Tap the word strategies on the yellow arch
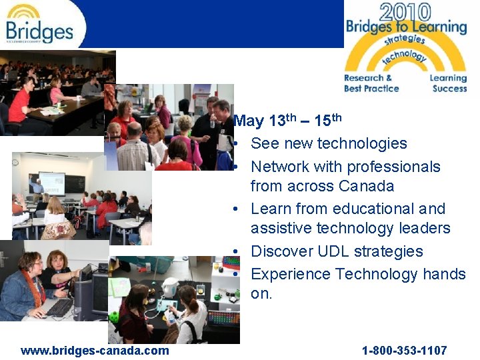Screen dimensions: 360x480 pos(405,39)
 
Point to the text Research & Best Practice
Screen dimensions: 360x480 pos(371,83)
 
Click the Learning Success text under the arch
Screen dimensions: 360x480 pos(448,83)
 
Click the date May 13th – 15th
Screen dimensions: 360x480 pos(288,121)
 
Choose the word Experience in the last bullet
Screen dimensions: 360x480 pos(291,274)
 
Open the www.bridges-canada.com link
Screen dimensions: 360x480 pos(95,350)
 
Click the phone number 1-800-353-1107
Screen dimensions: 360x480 pos(404,350)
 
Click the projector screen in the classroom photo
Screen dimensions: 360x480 pos(51,182)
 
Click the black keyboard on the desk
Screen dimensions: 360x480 pos(59,307)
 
